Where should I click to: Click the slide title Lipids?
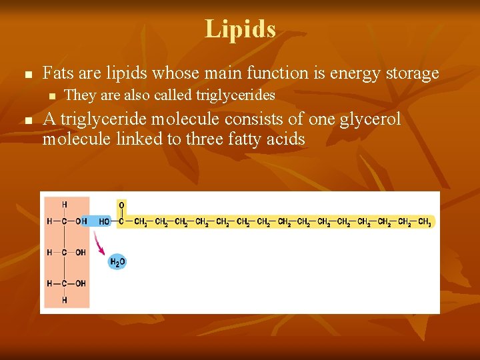(x=240, y=29)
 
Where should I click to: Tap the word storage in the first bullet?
(x=412, y=73)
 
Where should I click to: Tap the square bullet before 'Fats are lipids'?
(x=27, y=74)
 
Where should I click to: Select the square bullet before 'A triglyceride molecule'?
(x=27, y=121)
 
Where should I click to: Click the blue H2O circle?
(x=117, y=262)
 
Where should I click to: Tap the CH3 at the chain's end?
(x=424, y=222)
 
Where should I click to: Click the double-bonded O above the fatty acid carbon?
(x=121, y=205)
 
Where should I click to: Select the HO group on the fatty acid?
(x=105, y=222)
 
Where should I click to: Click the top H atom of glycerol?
(x=65, y=205)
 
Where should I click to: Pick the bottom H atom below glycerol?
(x=65, y=300)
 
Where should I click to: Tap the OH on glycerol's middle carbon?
(x=80, y=253)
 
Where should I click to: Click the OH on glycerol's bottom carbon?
(x=80, y=283)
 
